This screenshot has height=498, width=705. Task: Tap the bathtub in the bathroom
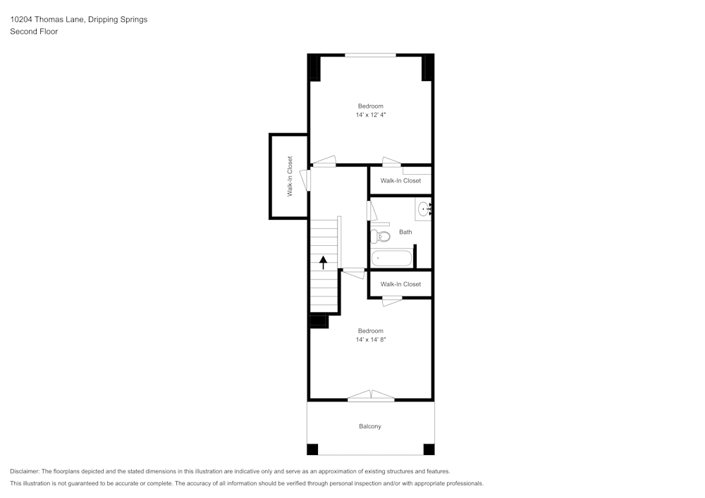pos(391,259)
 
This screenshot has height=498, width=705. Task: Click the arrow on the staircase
pos(324,263)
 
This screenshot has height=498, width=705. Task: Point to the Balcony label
pos(370,426)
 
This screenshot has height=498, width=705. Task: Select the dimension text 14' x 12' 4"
pos(370,115)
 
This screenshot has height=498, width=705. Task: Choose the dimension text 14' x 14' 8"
pos(370,340)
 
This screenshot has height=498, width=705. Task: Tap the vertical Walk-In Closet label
pos(289,176)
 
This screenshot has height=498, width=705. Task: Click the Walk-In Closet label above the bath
pos(400,181)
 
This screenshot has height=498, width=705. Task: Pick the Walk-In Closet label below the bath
pos(400,284)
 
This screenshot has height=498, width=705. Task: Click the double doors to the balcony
pos(371,397)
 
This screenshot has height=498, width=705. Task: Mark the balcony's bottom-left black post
pos(312,449)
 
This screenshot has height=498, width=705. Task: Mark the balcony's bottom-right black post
pos(429,449)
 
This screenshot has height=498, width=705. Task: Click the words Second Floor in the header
pos(34,32)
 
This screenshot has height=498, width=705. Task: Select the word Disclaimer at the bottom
pos(25,471)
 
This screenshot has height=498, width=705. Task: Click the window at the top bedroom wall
pos(370,54)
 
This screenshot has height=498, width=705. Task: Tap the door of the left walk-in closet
pos(305,180)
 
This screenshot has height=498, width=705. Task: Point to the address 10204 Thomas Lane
pos(47,20)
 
